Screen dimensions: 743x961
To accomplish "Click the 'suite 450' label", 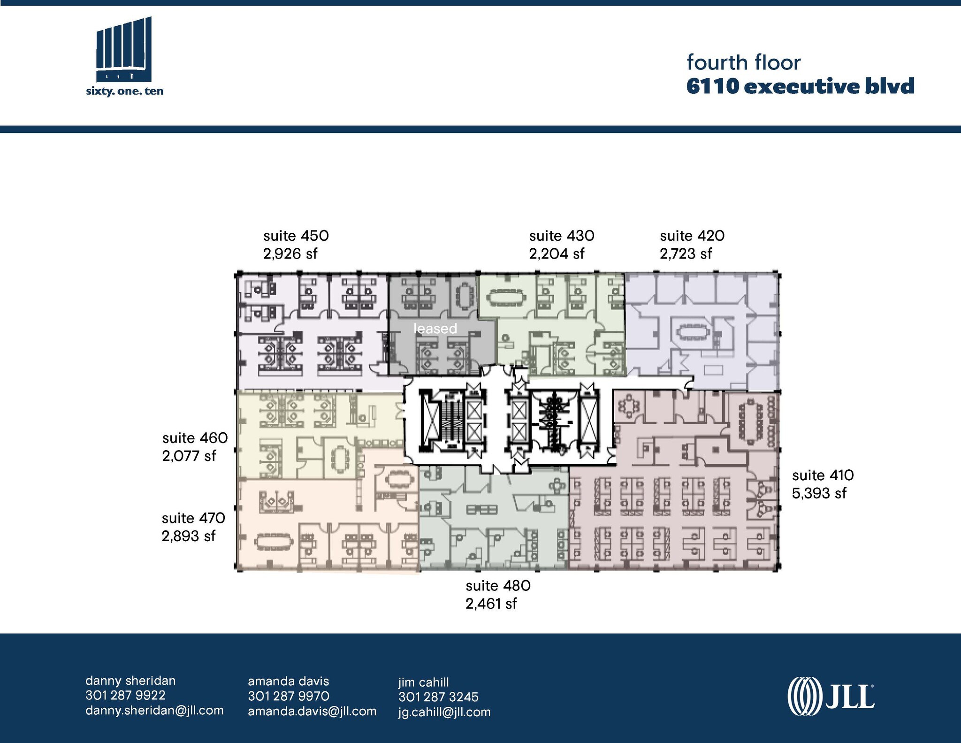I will click(296, 236).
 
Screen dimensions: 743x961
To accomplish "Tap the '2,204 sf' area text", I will click(557, 254).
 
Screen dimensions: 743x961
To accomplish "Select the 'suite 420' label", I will click(692, 236).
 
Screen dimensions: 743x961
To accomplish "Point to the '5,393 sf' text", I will click(819, 493).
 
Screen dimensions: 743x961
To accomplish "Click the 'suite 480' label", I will click(498, 586).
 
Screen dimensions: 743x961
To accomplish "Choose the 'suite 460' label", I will click(195, 438).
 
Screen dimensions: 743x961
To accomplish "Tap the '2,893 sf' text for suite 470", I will click(189, 536).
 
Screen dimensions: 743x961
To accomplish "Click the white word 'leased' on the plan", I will click(435, 329).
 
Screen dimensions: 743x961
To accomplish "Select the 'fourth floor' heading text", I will click(744, 63).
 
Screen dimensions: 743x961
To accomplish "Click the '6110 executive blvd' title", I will click(800, 87).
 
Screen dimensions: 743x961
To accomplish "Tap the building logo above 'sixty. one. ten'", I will click(124, 49).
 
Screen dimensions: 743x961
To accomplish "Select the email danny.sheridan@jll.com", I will click(154, 711).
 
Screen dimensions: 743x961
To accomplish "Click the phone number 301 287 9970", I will click(289, 696).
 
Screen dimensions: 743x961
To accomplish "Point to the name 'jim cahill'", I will click(423, 682).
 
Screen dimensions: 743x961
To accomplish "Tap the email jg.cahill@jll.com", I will click(444, 712).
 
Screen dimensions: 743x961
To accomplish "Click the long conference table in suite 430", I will click(506, 297).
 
